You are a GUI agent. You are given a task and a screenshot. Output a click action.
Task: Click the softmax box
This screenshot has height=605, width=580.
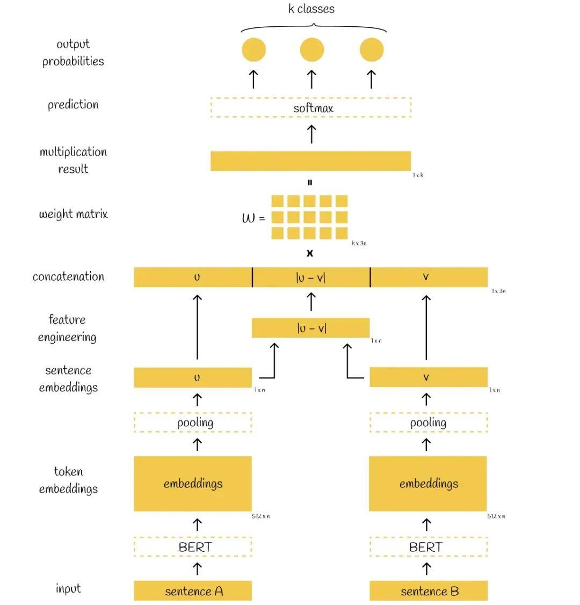point(311,108)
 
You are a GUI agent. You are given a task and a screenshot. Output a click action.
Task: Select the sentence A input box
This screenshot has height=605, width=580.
point(193,591)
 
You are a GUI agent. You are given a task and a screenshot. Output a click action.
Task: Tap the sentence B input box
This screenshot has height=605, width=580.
point(429,591)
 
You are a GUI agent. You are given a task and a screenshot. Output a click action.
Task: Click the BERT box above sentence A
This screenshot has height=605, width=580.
point(193,547)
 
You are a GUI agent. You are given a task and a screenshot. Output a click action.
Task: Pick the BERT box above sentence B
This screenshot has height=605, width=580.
point(429,547)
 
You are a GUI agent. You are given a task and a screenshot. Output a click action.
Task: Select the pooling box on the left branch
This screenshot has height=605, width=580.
point(193,422)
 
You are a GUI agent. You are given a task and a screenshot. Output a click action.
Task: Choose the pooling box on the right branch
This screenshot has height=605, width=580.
point(429,422)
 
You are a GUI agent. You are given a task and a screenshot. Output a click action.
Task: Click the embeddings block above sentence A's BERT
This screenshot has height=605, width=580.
point(193,483)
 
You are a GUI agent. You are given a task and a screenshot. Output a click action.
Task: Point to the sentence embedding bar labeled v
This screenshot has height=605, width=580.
point(429,377)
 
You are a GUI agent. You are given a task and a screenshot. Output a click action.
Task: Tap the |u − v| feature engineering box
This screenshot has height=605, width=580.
point(311,327)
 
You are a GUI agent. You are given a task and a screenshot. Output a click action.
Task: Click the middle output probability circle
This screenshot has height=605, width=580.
point(311,50)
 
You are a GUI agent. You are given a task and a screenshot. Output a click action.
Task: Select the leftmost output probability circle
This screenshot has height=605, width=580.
point(253,50)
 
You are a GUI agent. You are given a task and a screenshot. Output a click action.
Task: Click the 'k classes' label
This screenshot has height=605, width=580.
point(311,9)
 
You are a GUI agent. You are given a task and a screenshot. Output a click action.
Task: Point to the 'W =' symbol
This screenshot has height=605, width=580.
point(253,218)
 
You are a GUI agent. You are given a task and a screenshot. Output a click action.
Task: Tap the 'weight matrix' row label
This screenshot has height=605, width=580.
point(74,214)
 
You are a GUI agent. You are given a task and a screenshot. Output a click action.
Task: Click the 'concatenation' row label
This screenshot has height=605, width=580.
point(68,276)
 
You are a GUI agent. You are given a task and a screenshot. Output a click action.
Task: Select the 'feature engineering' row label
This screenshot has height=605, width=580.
point(67,328)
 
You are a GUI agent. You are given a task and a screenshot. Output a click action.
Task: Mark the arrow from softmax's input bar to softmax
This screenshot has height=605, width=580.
point(311,134)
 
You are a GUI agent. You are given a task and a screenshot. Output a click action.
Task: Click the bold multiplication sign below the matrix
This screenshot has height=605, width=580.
point(310,253)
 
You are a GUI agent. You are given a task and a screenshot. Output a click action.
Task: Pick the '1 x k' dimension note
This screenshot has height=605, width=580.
point(418,175)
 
